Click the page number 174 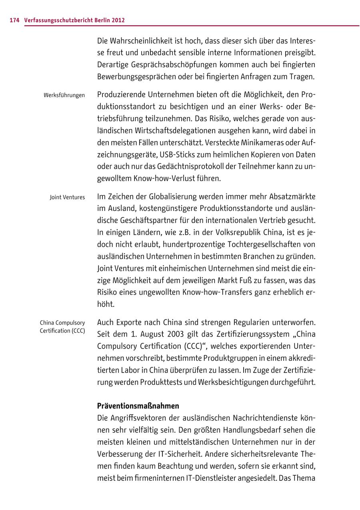pyautogui.click(x=15, y=20)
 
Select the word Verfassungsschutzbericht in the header pyautogui.click(x=60, y=20)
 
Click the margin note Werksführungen pyautogui.click(x=64, y=96)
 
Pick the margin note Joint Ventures pyautogui.click(x=67, y=197)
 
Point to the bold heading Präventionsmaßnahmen pyautogui.click(x=138, y=406)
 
